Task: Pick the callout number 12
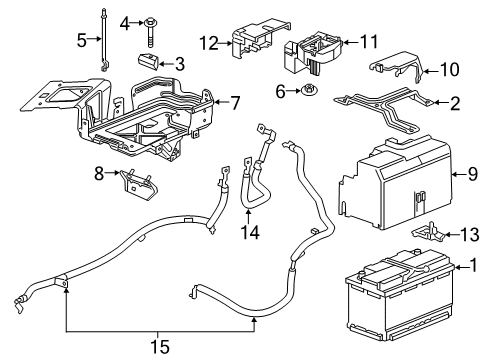[x=207, y=43]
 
